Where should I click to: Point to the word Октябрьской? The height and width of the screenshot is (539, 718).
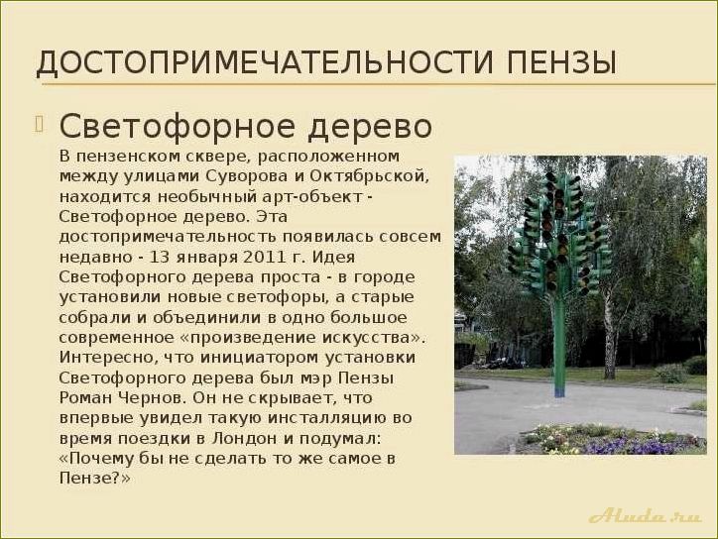coord(378,176)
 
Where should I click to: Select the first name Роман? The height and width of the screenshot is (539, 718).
coord(85,396)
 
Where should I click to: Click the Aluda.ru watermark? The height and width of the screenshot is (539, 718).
coord(645,515)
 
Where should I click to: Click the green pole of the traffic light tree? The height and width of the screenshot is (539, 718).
coord(559,347)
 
